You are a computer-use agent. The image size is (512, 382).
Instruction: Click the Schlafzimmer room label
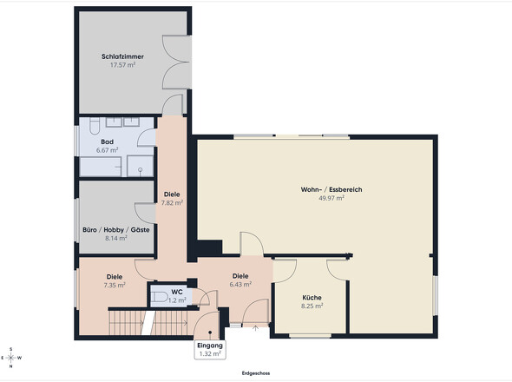(122, 56)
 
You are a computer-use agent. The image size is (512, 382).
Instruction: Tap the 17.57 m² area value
(122, 65)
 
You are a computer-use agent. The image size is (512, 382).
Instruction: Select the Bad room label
(107, 142)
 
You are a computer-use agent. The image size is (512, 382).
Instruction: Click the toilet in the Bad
(95, 126)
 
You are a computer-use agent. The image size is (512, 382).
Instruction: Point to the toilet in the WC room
(159, 296)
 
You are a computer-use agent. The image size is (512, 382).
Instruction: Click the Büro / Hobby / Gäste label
(116, 230)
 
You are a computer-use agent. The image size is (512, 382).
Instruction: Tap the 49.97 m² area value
(331, 198)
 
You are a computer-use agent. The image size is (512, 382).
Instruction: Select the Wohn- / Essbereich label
(331, 189)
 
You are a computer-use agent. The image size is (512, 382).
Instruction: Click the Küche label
(312, 298)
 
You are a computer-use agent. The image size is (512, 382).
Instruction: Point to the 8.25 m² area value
(312, 306)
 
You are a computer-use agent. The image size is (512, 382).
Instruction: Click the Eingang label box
(210, 350)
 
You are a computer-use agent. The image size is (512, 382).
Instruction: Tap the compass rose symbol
(11, 358)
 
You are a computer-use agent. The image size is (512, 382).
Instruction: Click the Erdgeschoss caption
(256, 373)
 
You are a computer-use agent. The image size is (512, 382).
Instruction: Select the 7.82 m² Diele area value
(172, 202)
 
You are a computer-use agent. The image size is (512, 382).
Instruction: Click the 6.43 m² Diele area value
(240, 284)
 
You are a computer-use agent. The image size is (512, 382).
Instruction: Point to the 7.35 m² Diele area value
(115, 285)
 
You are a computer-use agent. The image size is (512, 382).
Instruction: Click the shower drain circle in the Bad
(140, 169)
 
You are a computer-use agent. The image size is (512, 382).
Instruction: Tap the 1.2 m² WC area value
(177, 300)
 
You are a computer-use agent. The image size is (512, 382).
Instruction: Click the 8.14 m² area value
(116, 238)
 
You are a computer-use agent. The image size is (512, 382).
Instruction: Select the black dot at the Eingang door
(210, 333)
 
